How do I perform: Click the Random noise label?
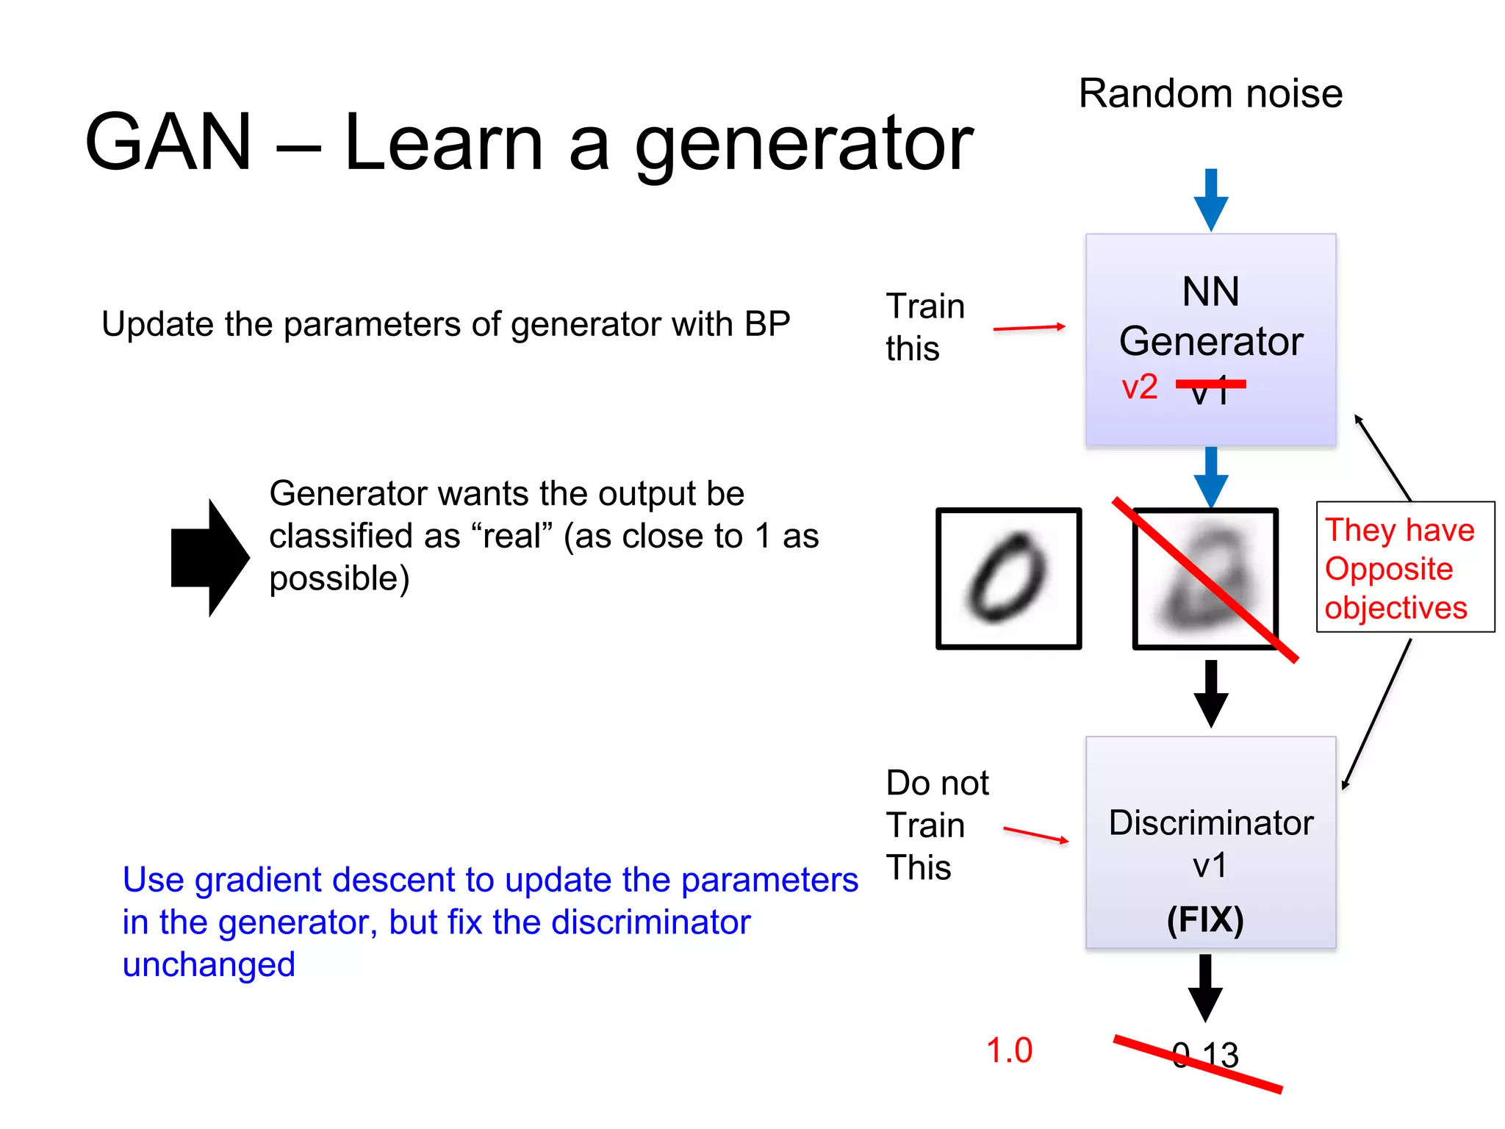(x=1210, y=94)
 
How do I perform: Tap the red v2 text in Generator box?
(x=1139, y=387)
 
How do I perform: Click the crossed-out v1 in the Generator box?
(x=1210, y=390)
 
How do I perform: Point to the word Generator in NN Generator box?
(x=1210, y=342)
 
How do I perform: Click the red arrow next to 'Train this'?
(x=1029, y=328)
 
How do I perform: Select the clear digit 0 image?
(x=1008, y=578)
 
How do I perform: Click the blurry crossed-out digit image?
(x=1205, y=578)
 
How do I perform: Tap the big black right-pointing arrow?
(x=210, y=558)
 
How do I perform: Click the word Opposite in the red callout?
(x=1388, y=570)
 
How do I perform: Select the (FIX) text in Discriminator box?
(x=1205, y=920)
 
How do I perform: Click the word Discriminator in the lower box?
(x=1210, y=823)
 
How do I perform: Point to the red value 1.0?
(x=1009, y=1050)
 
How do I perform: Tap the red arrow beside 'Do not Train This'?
(x=1035, y=835)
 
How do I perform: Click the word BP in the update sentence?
(x=766, y=324)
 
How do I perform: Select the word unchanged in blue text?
(x=209, y=965)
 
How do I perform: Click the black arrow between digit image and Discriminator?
(x=1210, y=693)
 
